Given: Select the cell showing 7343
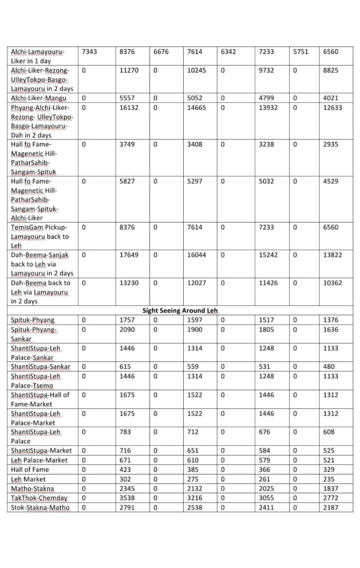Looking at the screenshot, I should [x=90, y=52].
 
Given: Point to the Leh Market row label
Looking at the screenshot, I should [x=28, y=479].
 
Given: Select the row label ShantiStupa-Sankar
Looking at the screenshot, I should [x=40, y=367].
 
